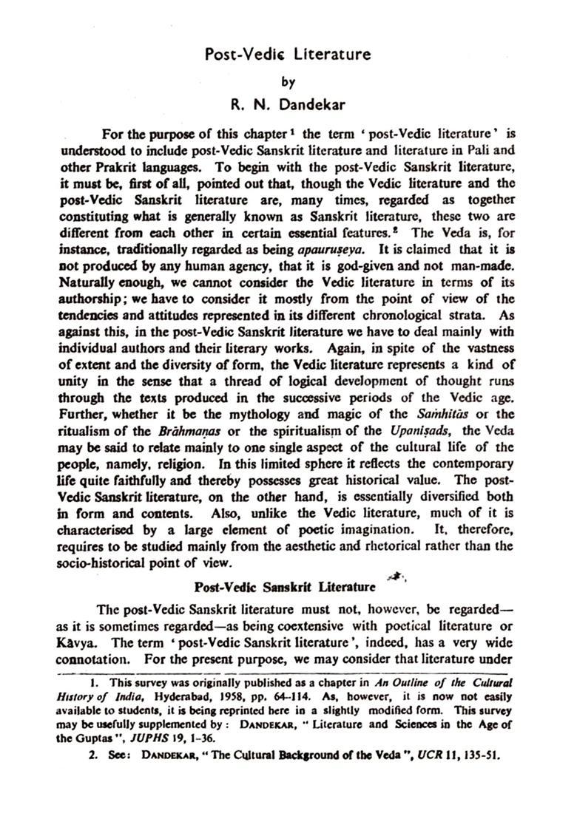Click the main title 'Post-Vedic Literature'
pos(288,54)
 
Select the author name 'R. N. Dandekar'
pos(288,105)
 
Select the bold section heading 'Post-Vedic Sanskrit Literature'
pos(284,587)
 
